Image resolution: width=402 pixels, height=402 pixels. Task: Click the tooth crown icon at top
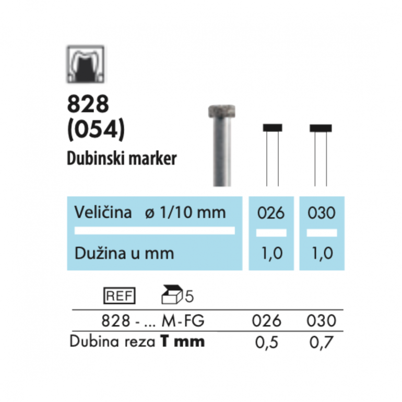pyautogui.click(x=85, y=65)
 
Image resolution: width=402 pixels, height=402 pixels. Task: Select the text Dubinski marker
pyautogui.click(x=122, y=159)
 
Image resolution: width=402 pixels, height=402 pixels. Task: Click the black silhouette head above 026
pyautogui.click(x=272, y=127)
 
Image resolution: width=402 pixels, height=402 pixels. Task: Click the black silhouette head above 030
pyautogui.click(x=320, y=127)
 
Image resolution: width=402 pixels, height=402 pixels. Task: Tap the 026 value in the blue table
pyautogui.click(x=271, y=214)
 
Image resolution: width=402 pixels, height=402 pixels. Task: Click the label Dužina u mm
pyautogui.click(x=124, y=253)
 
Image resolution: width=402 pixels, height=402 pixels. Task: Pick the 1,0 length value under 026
pyautogui.click(x=271, y=254)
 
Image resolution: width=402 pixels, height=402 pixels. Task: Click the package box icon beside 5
pyautogui.click(x=172, y=295)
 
